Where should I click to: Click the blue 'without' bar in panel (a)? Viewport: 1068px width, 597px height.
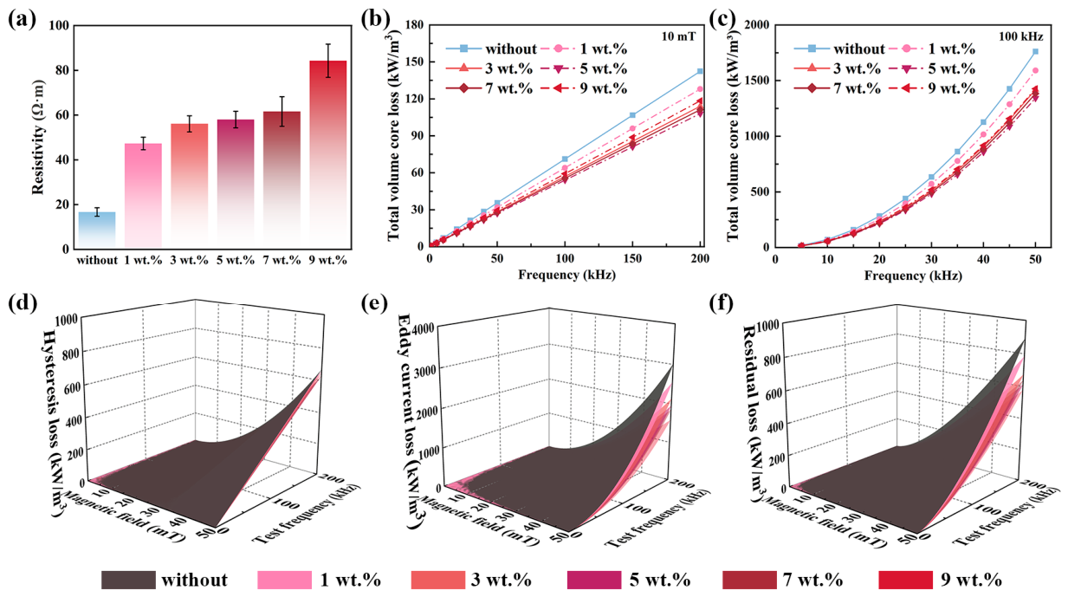97,230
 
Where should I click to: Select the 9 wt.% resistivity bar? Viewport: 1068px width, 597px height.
328,154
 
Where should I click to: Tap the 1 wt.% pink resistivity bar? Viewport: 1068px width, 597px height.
143,196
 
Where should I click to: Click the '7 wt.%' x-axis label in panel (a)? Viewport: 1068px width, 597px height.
282,260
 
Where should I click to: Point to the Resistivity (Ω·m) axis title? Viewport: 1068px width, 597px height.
38,137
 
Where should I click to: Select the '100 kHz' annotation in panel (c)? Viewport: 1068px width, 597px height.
1021,36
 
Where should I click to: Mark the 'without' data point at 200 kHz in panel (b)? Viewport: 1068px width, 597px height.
700,71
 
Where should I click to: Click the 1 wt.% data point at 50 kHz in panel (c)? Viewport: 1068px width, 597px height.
1035,70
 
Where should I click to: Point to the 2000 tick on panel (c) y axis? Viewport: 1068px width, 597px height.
754,25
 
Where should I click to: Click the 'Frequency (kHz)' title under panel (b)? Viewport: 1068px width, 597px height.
566,275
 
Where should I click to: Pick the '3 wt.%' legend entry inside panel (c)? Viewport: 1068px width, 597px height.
838,69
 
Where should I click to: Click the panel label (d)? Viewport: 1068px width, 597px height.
23,304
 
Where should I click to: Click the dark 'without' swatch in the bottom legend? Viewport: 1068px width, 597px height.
128,580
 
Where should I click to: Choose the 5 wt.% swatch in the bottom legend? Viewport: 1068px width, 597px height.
594,580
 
